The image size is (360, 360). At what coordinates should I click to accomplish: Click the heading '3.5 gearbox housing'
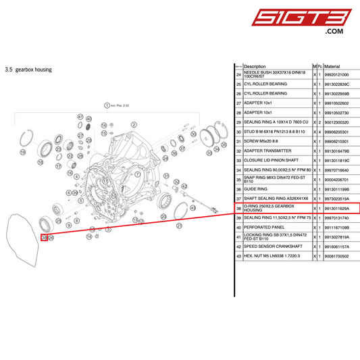28,69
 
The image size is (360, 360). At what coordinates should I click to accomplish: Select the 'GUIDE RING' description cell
255,189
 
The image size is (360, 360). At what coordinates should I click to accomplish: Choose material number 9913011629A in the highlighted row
338,208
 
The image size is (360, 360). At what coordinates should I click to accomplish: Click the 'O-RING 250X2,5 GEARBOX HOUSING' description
270,208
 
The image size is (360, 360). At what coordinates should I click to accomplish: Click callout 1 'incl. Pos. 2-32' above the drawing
106,105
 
